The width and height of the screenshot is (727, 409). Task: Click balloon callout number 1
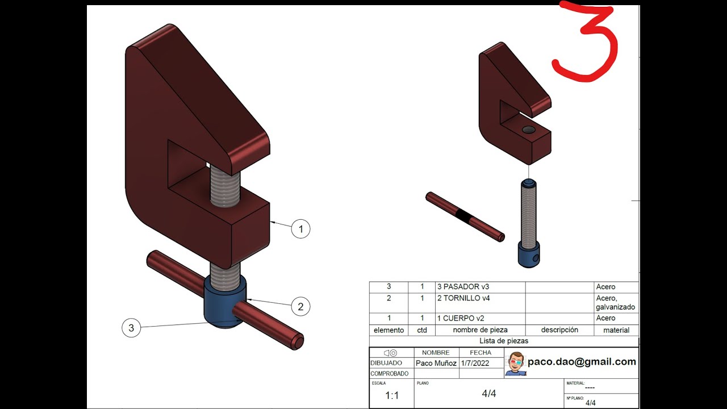(300, 229)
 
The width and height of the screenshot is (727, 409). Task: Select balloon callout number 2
(300, 307)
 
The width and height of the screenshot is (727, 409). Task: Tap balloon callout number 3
(131, 328)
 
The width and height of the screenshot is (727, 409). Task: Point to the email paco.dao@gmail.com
(582, 362)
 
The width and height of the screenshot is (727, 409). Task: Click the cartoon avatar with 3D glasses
(515, 363)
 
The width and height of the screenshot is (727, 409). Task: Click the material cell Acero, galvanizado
(616, 302)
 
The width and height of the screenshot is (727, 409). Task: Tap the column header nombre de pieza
(480, 330)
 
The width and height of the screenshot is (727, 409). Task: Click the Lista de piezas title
(504, 341)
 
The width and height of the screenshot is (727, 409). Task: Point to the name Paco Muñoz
(436, 363)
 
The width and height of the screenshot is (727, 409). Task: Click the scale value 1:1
(392, 395)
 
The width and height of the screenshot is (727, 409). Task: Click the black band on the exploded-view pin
(464, 216)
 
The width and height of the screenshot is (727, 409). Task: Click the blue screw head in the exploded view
(529, 255)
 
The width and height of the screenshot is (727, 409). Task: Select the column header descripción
(559, 330)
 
